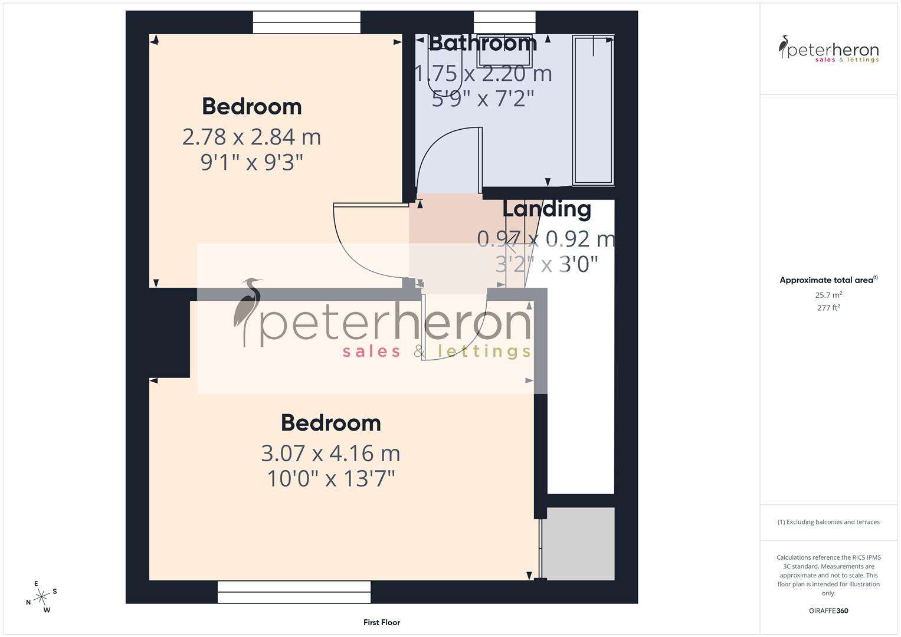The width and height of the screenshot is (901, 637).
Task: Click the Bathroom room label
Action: point(483,43)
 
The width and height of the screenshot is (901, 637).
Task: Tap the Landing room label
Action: point(546,209)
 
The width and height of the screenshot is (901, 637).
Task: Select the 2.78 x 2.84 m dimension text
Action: point(251,137)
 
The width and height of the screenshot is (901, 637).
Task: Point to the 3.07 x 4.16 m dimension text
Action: point(330,454)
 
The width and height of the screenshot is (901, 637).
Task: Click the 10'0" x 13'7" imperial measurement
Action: point(330,478)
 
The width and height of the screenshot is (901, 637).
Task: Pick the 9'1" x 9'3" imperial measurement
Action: point(251,162)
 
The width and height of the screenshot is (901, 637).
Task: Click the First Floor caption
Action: point(382,622)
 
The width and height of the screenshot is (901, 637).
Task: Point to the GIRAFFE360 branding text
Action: point(828,610)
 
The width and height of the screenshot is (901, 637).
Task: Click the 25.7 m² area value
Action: point(828,295)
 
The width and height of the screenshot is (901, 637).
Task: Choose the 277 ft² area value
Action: point(828,308)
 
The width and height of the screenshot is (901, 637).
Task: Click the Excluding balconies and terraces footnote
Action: point(828,522)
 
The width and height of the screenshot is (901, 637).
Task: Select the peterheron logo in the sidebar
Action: point(828,50)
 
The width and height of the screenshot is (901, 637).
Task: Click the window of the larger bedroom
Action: point(294,592)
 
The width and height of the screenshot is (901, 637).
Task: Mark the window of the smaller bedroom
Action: point(306,22)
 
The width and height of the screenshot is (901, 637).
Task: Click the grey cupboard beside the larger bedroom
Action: point(578,543)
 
